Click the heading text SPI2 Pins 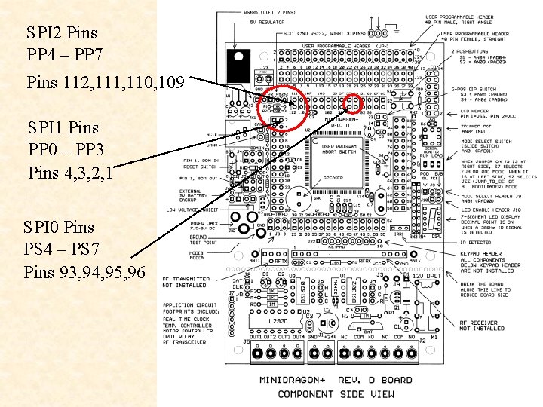click(x=62, y=33)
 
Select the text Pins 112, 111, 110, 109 click(x=105, y=81)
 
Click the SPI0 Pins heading click(x=60, y=227)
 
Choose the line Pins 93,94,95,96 click(x=84, y=272)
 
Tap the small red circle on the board click(x=352, y=103)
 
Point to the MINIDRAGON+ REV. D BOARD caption click(x=336, y=380)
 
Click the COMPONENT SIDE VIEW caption click(x=336, y=393)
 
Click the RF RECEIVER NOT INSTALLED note click(x=482, y=325)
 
